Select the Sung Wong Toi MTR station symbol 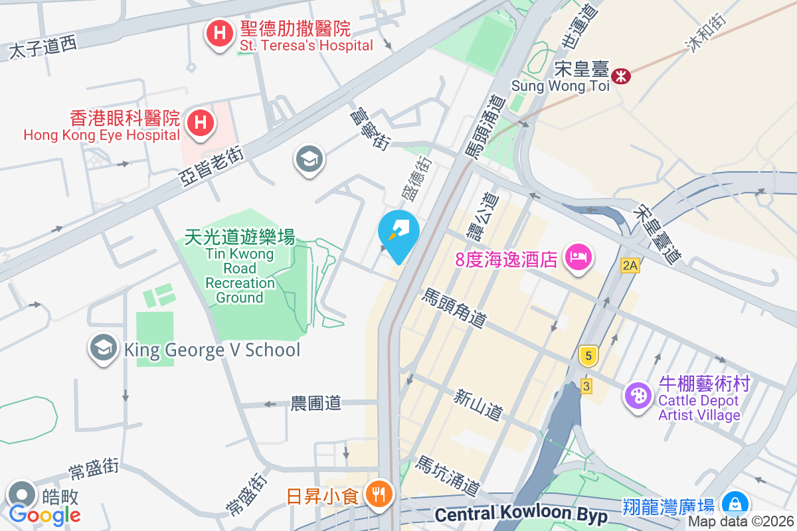(621, 76)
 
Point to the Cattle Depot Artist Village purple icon (638, 396)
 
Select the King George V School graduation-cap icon (103, 348)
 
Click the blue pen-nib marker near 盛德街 (398, 232)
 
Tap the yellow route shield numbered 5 (587, 356)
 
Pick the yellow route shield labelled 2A (630, 266)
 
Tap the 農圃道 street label (315, 403)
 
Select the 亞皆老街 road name (212, 166)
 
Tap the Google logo (44, 514)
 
